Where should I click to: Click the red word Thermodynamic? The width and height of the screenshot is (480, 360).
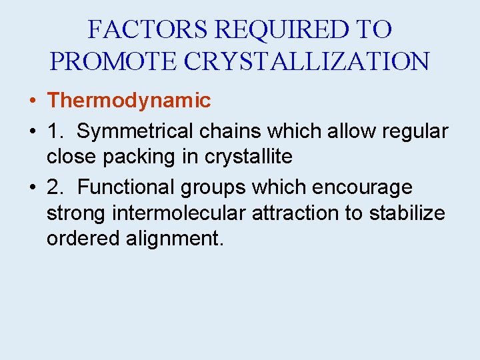pos(129,101)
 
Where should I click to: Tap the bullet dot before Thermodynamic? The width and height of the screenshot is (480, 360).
pos(32,101)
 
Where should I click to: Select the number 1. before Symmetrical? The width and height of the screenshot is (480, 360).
pos(56,131)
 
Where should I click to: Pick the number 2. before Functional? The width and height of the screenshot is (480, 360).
pos(56,187)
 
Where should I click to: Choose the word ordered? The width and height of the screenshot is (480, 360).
pos(83,238)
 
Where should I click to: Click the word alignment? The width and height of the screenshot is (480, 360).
pos(175,239)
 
